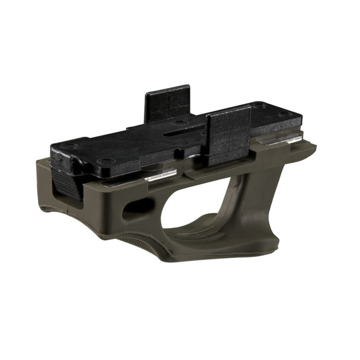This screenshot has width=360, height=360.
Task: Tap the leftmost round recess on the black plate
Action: point(69,146)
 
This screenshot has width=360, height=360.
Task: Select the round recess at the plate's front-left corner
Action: point(106,161)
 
